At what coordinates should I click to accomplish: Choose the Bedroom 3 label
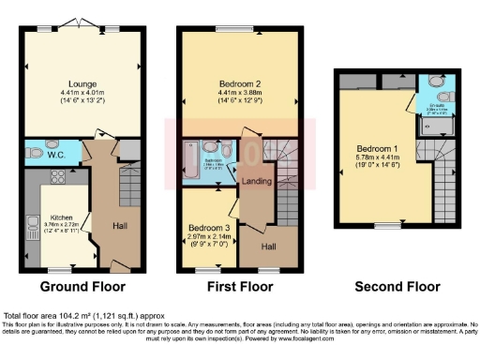207,228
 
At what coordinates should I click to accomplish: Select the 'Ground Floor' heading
79,287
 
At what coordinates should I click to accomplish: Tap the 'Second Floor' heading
396,287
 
